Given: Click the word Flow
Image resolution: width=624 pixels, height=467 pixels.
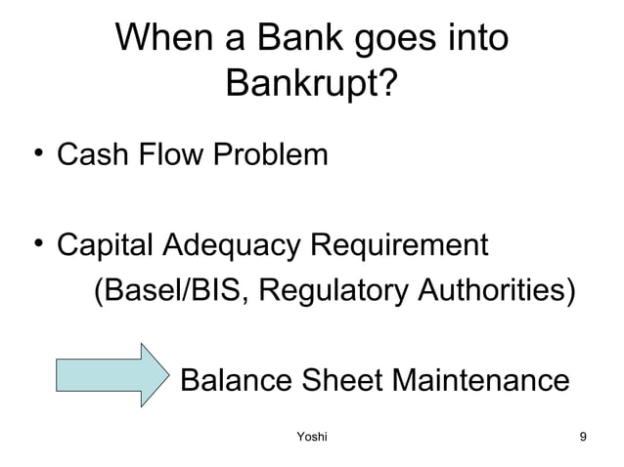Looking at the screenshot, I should tap(167, 154).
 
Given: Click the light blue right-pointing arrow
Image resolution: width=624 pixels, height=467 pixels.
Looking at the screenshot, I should tap(111, 374).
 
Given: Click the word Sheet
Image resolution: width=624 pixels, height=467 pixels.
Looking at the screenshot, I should tap(339, 379).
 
